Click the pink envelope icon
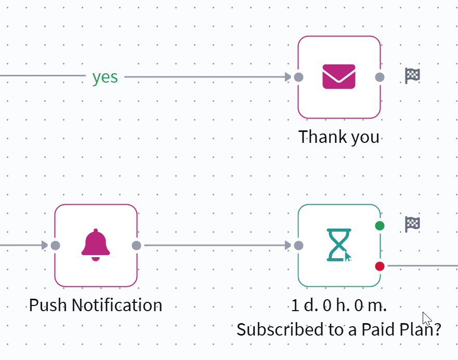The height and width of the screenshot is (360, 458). point(339,76)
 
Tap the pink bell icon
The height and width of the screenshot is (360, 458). point(96,245)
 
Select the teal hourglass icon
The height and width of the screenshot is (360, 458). point(339,245)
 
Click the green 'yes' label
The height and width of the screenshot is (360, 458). point(105,77)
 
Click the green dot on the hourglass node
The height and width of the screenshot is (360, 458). point(380,225)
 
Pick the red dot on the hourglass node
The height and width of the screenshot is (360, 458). point(380,266)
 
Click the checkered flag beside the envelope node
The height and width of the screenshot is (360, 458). point(412,76)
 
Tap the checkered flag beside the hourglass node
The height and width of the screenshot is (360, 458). point(412,224)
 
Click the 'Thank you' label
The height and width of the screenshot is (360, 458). point(339,137)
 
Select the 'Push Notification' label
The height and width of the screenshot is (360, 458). point(96,305)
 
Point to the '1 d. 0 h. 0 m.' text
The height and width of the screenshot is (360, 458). point(339,305)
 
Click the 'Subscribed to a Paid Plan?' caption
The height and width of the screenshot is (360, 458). point(339,330)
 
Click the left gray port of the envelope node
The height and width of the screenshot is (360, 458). point(298,77)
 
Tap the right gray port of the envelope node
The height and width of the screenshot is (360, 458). point(380,77)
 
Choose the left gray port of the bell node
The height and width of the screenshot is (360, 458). point(55,246)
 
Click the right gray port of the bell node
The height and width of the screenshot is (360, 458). point(136,246)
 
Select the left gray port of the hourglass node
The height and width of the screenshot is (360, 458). point(298,246)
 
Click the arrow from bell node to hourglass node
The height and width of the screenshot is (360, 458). point(218,245)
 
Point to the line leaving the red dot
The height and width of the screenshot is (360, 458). point(423,265)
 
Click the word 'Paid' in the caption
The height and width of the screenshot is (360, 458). point(379,329)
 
